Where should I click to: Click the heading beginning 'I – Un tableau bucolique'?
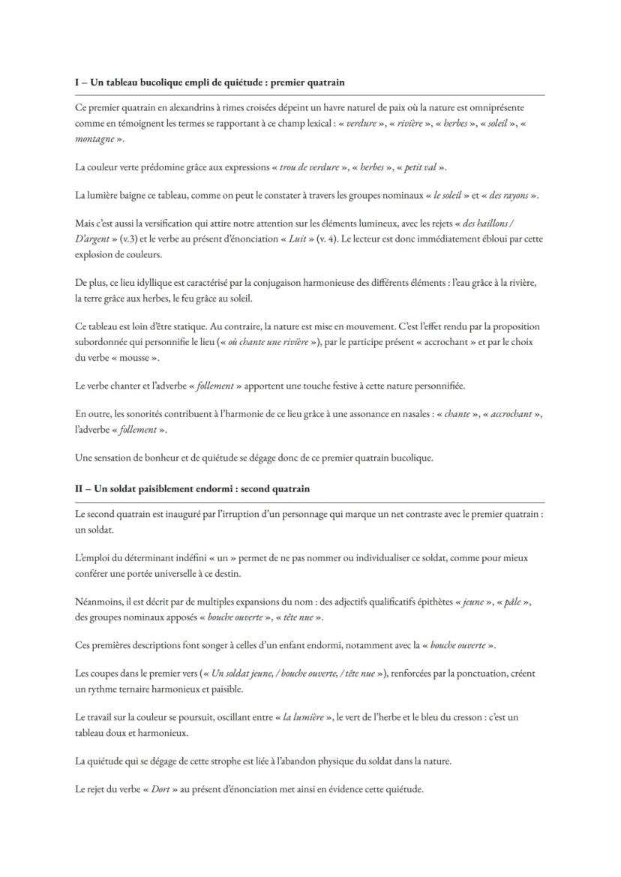209,82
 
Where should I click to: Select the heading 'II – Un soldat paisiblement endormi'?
192,488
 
